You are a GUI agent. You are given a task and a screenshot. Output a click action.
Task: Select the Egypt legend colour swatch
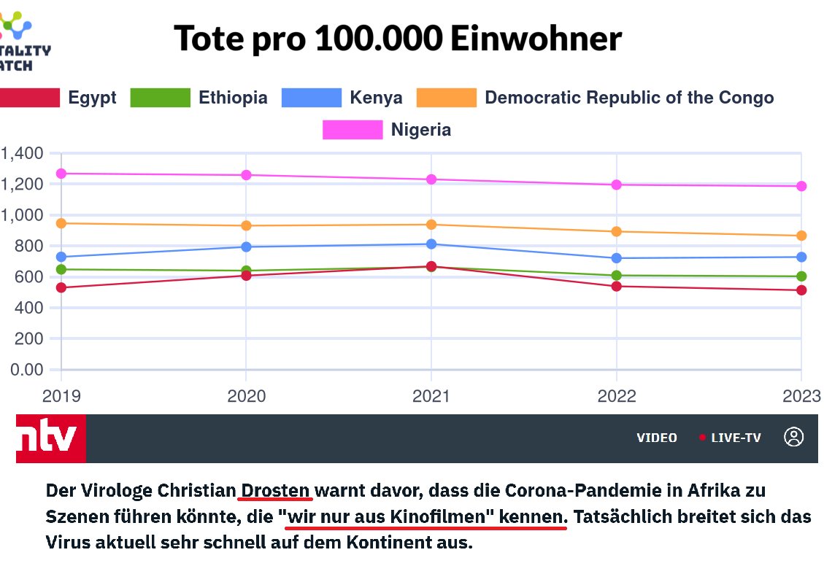29,98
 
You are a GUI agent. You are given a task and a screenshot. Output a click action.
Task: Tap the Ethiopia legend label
233,98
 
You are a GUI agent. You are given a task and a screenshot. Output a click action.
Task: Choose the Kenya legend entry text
375,98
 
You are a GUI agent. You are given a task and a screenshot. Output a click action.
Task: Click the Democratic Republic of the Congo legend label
628,98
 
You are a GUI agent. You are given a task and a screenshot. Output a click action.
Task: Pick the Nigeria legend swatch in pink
353,130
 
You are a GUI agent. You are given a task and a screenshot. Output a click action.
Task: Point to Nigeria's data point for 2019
61,174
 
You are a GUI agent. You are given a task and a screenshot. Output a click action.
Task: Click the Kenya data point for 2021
431,244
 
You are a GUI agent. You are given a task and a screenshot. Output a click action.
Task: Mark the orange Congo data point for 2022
617,231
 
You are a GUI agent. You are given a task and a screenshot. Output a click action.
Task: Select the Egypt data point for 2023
801,290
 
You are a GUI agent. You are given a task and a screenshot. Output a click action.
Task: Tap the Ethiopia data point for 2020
247,271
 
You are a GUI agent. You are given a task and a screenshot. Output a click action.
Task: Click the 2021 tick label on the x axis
431,396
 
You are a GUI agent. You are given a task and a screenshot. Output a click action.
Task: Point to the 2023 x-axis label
801,396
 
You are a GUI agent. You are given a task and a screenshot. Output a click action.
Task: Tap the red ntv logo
50,438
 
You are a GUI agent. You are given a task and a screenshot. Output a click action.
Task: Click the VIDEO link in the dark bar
656,438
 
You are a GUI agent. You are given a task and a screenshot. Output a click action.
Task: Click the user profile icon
793,437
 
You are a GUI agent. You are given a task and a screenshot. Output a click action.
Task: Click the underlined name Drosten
276,489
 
